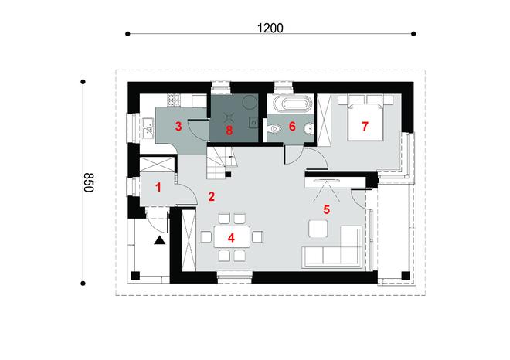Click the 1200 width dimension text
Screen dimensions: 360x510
click(x=271, y=28)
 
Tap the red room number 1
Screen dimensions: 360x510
click(x=158, y=186)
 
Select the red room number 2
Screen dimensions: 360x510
click(x=210, y=196)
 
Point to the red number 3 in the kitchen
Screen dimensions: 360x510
click(x=178, y=126)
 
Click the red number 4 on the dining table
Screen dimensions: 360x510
click(x=229, y=236)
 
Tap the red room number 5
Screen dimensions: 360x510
click(x=326, y=209)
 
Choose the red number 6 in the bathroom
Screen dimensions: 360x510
click(x=292, y=126)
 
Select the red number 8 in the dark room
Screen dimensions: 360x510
click(x=229, y=131)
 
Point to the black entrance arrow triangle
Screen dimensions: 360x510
click(x=159, y=241)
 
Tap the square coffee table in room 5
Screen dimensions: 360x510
click(x=318, y=229)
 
